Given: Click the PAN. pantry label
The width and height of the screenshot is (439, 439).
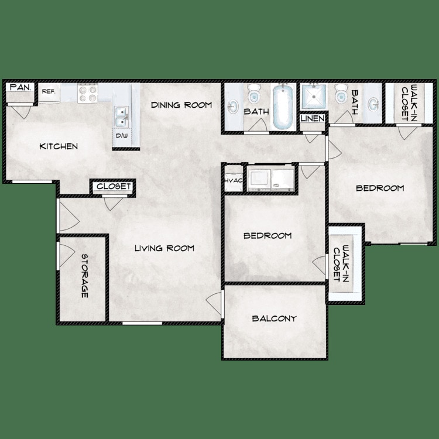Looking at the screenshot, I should click(20, 88).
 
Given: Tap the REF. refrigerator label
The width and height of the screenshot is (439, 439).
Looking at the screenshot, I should click(49, 92).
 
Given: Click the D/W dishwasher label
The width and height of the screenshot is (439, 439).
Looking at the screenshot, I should click(122, 136).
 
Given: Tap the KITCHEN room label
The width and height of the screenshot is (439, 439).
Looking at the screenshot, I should click(59, 146).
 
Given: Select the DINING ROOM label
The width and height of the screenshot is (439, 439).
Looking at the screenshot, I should click(181, 105).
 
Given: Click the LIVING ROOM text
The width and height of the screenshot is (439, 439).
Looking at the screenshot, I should click(164, 248).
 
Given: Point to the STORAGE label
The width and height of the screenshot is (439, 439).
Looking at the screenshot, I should click(84, 276).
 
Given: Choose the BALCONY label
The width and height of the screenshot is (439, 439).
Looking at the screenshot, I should click(274, 319).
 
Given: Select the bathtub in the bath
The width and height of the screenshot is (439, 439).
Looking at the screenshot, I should click(283, 107).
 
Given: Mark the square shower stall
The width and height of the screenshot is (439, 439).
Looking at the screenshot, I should click(314, 97).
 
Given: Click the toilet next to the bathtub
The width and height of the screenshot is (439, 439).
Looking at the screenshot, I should click(254, 94).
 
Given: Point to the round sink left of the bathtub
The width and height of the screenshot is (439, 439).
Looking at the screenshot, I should click(233, 107).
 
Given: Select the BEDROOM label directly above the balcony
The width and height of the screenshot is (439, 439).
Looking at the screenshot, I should click(267, 236).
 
